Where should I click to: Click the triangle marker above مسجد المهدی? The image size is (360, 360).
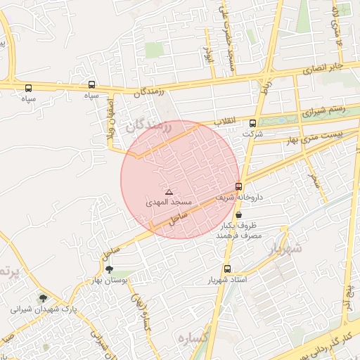click(168, 191)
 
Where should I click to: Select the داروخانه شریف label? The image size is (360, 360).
click(240, 197)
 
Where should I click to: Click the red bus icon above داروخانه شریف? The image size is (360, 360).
click(240, 187)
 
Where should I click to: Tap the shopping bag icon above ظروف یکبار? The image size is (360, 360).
click(240, 215)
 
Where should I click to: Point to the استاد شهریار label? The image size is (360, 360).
click(226, 280)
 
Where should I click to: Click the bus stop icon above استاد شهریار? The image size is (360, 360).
click(226, 269)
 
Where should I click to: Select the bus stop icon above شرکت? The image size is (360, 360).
click(253, 123)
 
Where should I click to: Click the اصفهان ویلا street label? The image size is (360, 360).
click(110, 127)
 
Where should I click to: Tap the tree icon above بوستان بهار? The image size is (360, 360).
click(108, 269)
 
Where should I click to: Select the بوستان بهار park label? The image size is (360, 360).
click(108, 281)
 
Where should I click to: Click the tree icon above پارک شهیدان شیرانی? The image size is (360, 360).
click(43, 299)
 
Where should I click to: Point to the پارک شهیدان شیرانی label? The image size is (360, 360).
click(43, 309)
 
